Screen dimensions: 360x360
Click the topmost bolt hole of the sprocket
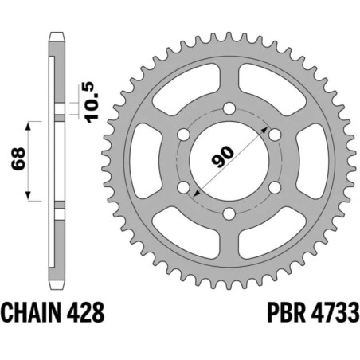229,108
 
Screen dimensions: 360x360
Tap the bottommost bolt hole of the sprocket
229,213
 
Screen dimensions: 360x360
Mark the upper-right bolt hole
275,135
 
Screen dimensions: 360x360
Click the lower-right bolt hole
275,187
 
